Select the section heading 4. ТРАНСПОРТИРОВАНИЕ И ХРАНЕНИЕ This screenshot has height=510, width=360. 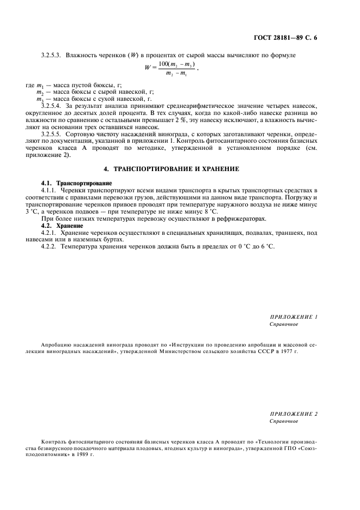point(180,169)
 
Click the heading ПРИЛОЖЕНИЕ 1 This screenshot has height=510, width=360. point(294,316)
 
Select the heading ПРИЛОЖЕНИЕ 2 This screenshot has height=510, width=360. point(294,414)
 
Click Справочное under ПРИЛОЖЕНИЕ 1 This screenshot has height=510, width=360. point(284,324)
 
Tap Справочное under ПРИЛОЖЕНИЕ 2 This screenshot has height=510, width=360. point(284,421)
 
